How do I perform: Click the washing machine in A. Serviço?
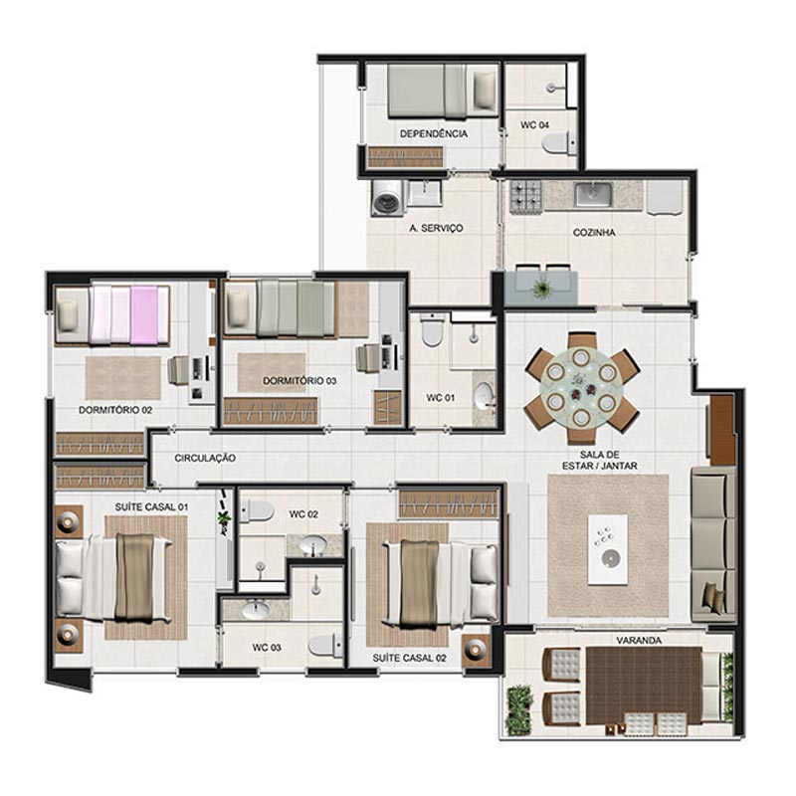[389, 198]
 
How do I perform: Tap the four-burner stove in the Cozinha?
[526, 197]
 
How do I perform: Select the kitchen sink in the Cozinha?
[593, 195]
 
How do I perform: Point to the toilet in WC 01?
[432, 330]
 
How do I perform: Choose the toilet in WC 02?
[257, 510]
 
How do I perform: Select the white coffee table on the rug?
[608, 550]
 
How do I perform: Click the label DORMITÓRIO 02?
[115, 410]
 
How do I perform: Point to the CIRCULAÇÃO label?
[205, 458]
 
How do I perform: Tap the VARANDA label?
[639, 641]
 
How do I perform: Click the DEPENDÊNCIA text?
[434, 134]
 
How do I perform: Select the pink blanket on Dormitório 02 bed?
[144, 314]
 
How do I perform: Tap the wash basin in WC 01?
[485, 395]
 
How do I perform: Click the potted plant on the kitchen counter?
[542, 290]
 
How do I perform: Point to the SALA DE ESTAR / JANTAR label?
[600, 460]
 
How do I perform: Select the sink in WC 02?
[312, 545]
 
